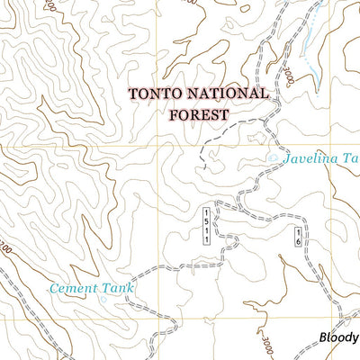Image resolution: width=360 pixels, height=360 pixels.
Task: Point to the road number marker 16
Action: pos(296,238)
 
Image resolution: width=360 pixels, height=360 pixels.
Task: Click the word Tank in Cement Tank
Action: pos(119,288)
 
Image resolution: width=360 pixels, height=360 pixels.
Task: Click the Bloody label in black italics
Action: pos(338,338)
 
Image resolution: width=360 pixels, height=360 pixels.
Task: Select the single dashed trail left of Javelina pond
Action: pos(220,144)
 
